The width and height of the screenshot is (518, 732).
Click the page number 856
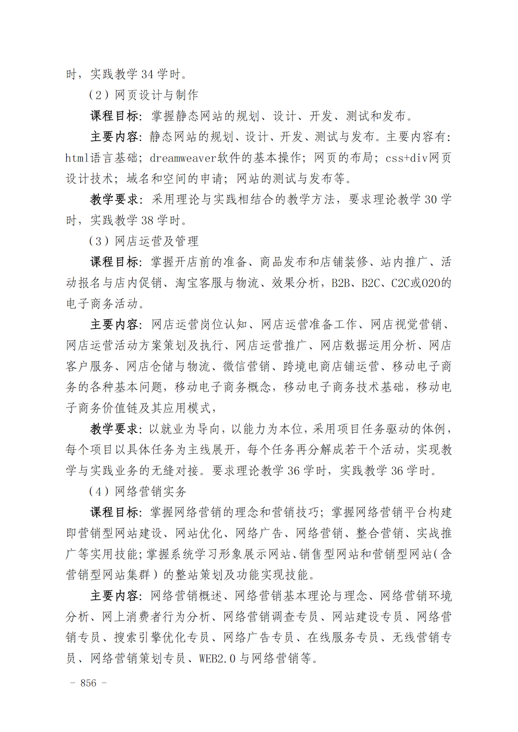point(88,683)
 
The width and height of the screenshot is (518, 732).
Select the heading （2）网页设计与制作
point(143,95)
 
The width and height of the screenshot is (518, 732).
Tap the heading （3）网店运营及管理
point(143,241)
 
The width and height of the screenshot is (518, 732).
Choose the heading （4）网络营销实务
point(137,491)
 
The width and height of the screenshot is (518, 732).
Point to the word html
point(77,157)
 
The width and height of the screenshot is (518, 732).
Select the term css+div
point(407,157)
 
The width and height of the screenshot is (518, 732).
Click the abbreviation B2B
point(341,283)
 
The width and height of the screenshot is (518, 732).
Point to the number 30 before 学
point(430,199)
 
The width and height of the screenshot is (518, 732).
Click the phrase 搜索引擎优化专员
point(162,637)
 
